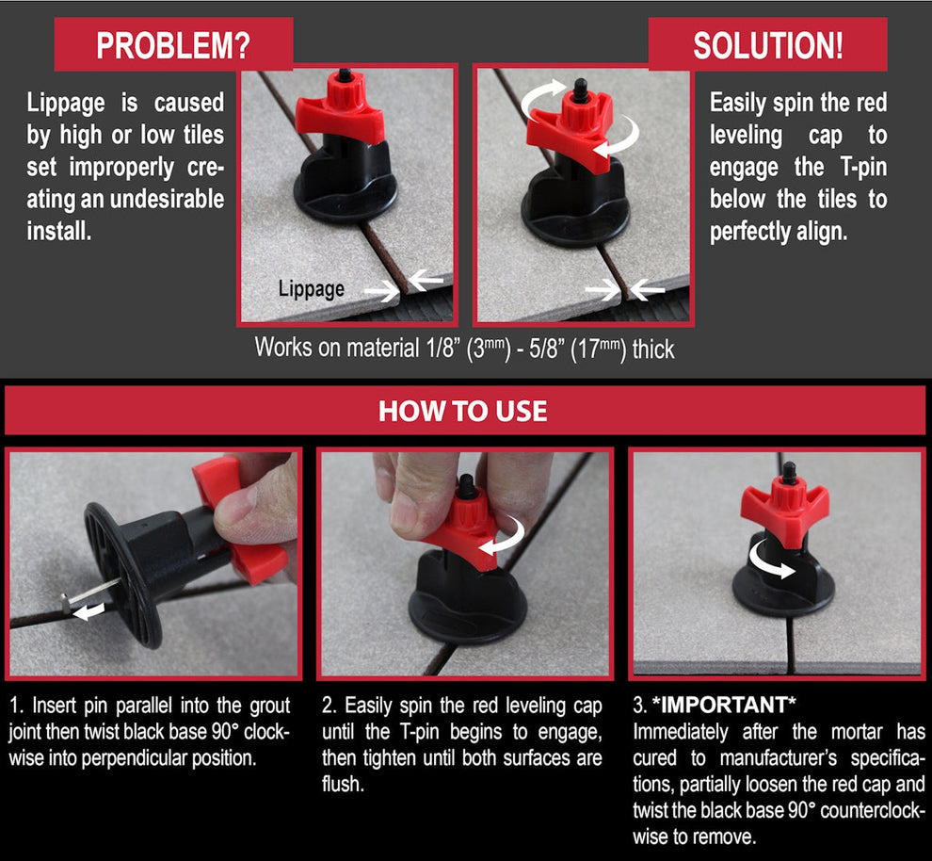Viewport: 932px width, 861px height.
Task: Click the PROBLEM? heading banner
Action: point(173,45)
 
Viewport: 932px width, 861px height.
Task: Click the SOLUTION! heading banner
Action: point(767,45)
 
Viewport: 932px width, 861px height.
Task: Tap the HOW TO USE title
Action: point(462,411)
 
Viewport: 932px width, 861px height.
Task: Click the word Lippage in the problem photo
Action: point(311,289)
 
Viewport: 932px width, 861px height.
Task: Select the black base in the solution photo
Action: point(575,212)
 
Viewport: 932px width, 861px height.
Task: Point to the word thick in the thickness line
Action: point(653,349)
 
